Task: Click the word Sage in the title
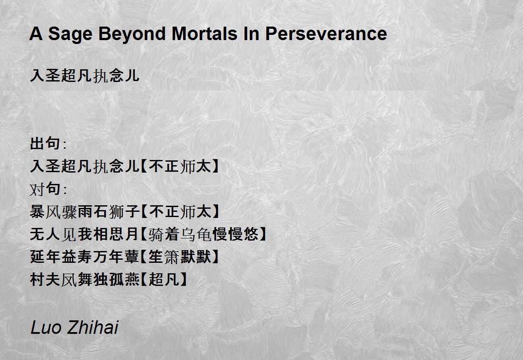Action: [70, 34]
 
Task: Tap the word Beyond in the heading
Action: [132, 34]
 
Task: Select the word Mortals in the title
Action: [204, 34]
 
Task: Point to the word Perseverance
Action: [326, 34]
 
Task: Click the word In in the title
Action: [251, 34]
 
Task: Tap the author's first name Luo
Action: [46, 327]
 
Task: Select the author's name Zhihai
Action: [93, 327]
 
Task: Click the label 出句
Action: [45, 143]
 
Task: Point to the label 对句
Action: [45, 189]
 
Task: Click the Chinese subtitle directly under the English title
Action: [85, 75]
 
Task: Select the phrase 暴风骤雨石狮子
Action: [85, 212]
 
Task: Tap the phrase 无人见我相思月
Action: [85, 234]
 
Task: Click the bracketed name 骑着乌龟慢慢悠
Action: [204, 234]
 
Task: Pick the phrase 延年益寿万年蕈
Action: [85, 257]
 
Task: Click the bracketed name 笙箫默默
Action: [180, 257]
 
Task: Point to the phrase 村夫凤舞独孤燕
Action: [85, 280]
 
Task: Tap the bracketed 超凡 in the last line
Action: [164, 280]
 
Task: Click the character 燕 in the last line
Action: [132, 280]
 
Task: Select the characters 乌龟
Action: [196, 234]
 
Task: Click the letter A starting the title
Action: [36, 34]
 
